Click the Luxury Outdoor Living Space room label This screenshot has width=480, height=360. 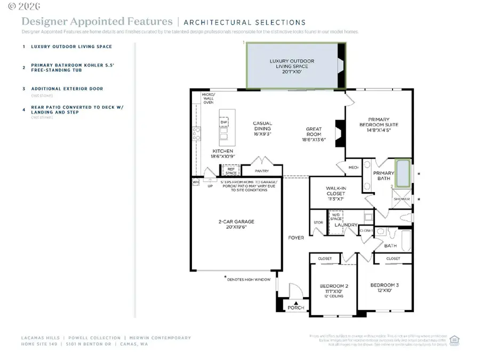[x=292, y=66]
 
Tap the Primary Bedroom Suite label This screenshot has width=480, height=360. [x=379, y=125]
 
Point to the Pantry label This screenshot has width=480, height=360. [x=262, y=171]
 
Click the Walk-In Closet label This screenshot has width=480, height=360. [x=336, y=193]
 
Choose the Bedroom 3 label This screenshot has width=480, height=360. [x=385, y=288]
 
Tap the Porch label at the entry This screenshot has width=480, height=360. [x=296, y=308]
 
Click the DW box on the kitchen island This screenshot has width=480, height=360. [x=224, y=123]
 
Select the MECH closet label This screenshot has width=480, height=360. [x=353, y=167]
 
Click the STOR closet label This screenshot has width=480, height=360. [x=318, y=223]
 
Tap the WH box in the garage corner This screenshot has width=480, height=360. [x=195, y=182]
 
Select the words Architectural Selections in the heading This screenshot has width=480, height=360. [x=244, y=22]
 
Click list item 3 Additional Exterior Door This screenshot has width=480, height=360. [x=67, y=89]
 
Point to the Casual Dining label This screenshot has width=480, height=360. [x=262, y=126]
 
